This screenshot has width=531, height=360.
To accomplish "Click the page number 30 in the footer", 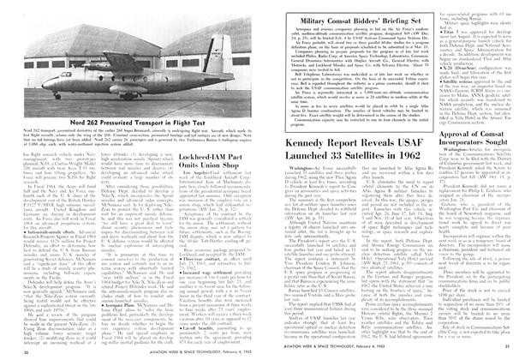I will (23, 350).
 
